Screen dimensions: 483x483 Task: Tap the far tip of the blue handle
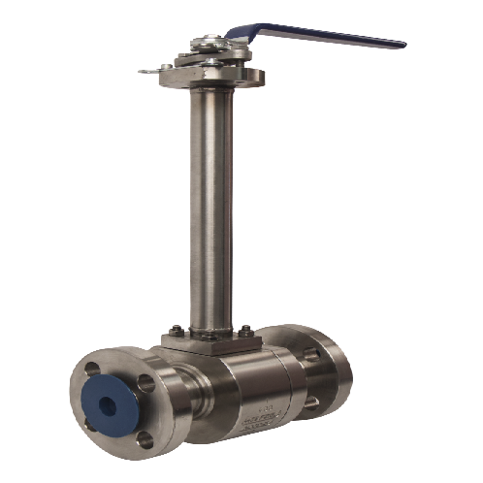tap(399, 44)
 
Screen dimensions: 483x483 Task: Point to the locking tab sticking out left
tap(146, 70)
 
